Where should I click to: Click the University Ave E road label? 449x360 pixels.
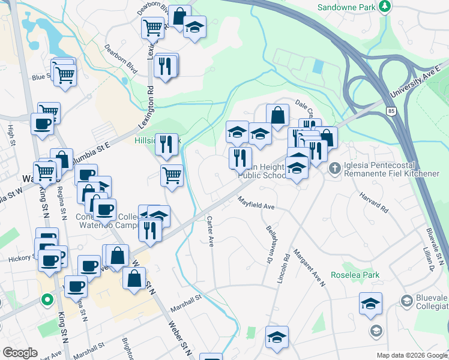point(415,85)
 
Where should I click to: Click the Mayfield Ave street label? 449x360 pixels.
point(256,203)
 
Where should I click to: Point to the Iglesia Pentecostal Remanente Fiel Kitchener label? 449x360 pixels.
point(391,169)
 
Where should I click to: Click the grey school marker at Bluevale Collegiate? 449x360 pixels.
point(376,330)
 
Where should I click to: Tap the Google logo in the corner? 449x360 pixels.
point(20,353)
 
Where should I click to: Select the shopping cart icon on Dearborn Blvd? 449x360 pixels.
point(152,27)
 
